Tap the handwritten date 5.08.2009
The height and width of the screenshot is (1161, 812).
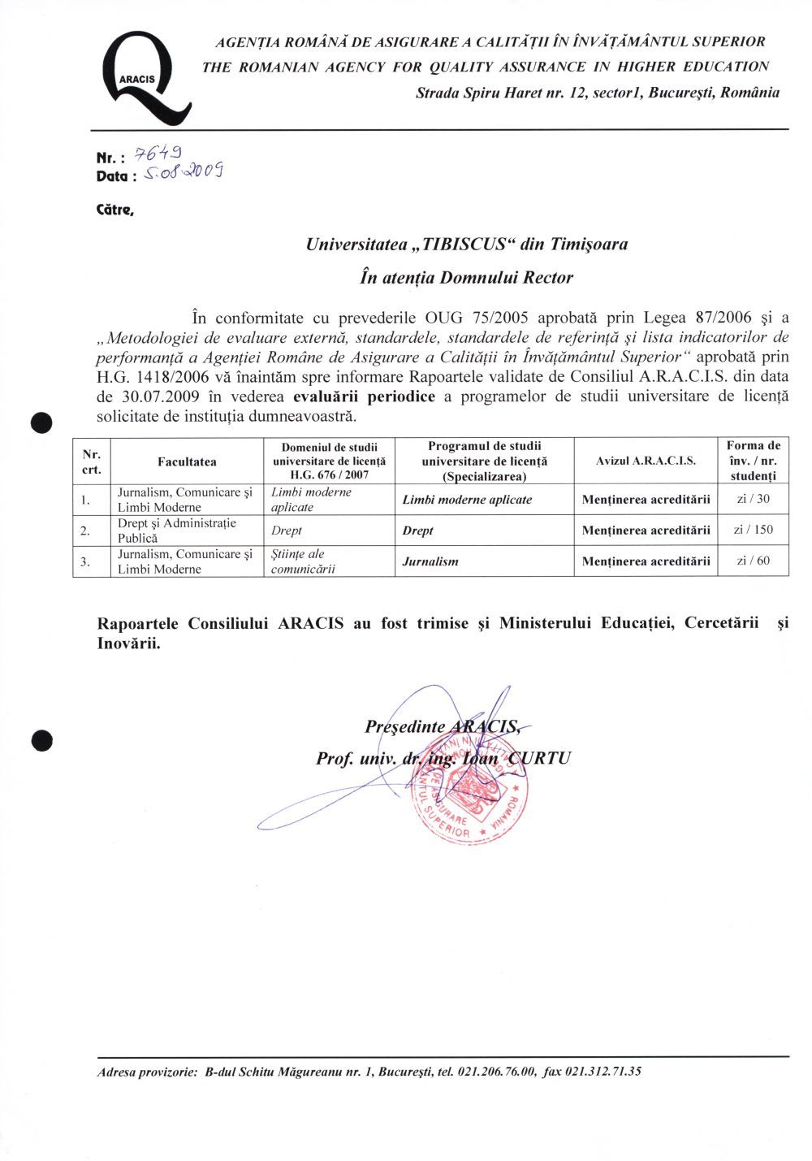coord(183,171)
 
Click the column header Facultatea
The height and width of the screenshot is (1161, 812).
coord(188,461)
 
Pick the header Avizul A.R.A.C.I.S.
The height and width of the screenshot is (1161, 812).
coord(646,461)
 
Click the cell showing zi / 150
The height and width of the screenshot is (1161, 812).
coord(753,530)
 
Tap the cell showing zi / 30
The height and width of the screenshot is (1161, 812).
coord(753,499)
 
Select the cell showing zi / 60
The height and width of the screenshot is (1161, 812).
coord(753,561)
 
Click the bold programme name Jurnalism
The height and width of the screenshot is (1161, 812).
coord(430,561)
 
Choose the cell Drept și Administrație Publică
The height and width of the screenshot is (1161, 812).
coord(177,531)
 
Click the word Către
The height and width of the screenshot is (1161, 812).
coord(114,210)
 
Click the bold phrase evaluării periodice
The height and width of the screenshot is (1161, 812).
coord(364,397)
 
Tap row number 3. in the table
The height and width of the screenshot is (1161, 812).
coord(85,561)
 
